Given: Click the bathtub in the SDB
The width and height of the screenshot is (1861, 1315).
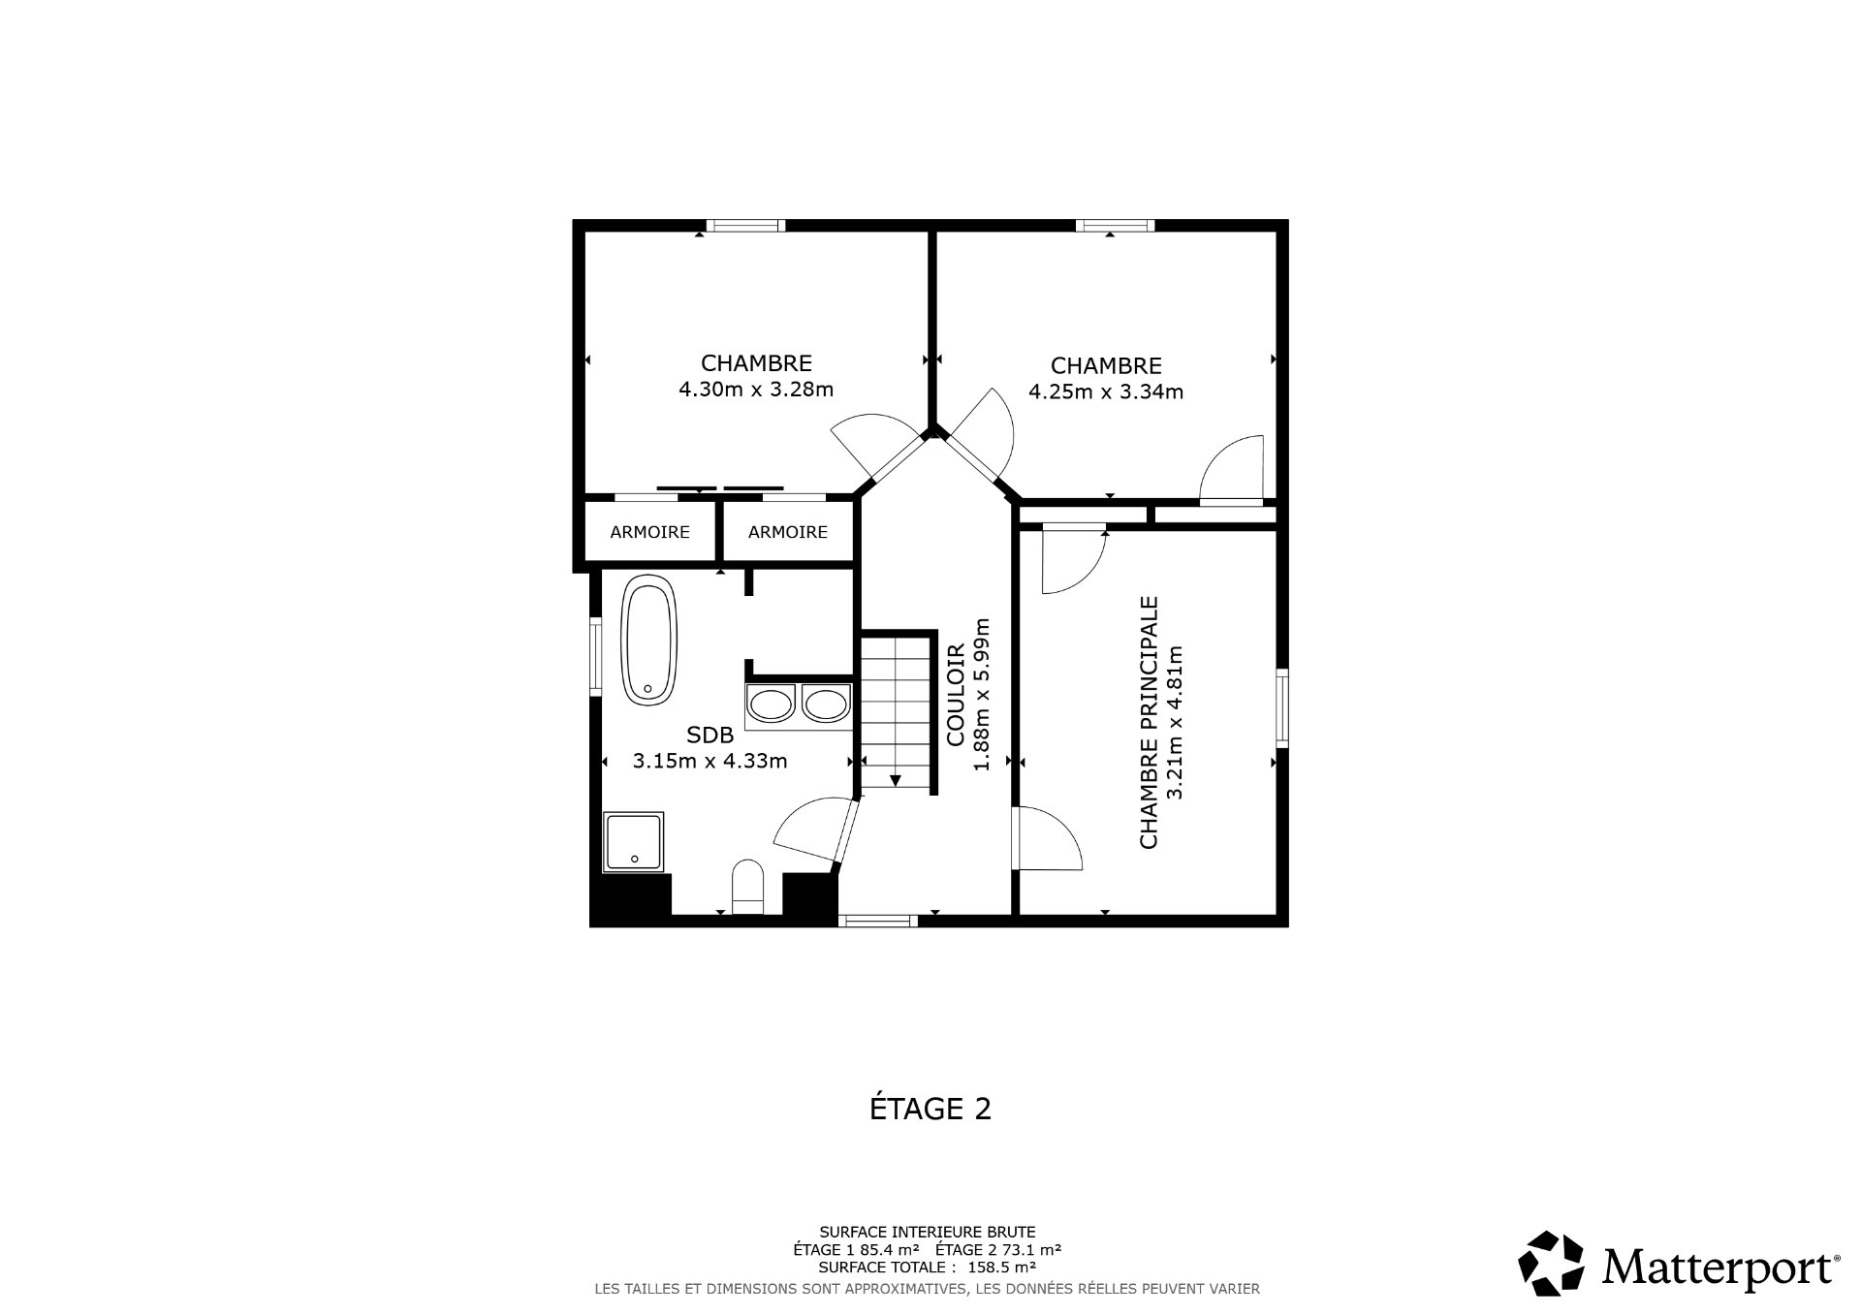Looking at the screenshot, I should point(649,640).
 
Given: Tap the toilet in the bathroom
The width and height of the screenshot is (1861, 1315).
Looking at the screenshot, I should point(748,887).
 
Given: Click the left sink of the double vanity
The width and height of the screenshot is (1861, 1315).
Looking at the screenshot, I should point(772,704).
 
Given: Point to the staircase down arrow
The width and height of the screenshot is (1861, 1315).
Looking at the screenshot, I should point(896,779).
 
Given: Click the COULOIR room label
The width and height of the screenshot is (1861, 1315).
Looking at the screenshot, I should point(956,695).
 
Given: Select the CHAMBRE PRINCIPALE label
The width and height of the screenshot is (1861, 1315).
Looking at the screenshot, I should point(1150,722).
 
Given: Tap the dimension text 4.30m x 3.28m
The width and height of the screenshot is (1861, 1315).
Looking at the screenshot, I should point(756,390).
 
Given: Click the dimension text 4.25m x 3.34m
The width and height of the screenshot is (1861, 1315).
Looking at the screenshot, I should point(1106,392).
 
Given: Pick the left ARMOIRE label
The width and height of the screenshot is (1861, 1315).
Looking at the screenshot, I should point(649,532).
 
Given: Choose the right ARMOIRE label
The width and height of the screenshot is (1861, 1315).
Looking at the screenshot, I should point(788,532).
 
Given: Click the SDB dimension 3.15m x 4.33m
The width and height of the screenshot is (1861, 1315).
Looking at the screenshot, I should point(710,762).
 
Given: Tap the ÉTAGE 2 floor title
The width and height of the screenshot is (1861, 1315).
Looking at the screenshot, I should point(930,1109).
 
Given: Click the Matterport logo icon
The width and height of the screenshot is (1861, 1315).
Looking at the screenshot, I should point(1551,1264).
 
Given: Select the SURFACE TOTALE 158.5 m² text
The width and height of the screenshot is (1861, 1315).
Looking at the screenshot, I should point(928,1267).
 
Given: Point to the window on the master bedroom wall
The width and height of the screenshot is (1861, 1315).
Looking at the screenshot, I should point(1282,707).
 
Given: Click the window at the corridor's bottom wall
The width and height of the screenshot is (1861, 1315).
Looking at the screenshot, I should point(877,921).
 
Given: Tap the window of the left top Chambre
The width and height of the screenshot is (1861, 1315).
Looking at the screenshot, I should point(744,226).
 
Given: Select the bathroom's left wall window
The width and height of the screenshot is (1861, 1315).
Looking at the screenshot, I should point(596,657).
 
